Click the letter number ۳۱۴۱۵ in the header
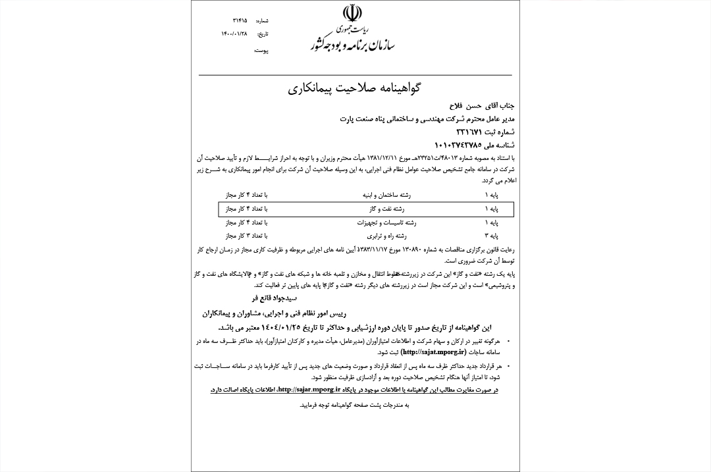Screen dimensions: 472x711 [x=230, y=21]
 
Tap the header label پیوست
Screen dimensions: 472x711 [x=261, y=51]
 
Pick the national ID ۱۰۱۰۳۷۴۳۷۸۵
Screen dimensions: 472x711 [x=458, y=145]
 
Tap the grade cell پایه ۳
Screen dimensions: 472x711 [x=491, y=235]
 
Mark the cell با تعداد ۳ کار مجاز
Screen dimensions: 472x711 [x=246, y=235]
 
